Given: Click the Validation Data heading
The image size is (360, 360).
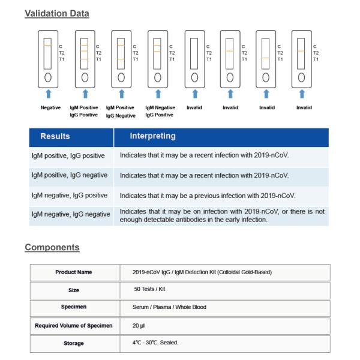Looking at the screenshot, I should pos(56,13).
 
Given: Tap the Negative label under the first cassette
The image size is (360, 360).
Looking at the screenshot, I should pos(50,107).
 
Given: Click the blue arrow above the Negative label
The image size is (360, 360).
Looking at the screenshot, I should pos(49,93).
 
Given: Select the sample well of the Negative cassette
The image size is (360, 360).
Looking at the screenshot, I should pos(49,77).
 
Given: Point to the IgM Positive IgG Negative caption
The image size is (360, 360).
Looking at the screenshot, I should pos(121,111).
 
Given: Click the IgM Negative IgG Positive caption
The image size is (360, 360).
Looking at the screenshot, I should pos(159,111).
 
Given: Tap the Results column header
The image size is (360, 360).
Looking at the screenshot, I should pos(55,136).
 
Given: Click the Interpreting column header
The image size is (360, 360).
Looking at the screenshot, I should pos(152,136).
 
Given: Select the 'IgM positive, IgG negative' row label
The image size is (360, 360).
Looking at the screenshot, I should pos(70,175).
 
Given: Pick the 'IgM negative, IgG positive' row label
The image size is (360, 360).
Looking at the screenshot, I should pos(70,195).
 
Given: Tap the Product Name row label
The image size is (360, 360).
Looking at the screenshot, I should pos(74,272).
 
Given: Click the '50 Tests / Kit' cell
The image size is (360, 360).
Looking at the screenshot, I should pos(149,290).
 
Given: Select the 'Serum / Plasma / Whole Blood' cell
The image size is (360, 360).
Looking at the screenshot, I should pos(169,307).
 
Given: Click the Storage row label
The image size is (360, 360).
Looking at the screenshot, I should pos(74,343).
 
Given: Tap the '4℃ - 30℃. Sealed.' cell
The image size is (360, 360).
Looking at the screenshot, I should pos(157,343).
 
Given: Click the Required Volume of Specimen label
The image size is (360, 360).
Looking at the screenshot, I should pos(74,326).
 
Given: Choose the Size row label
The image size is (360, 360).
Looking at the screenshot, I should pos(74,290).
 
